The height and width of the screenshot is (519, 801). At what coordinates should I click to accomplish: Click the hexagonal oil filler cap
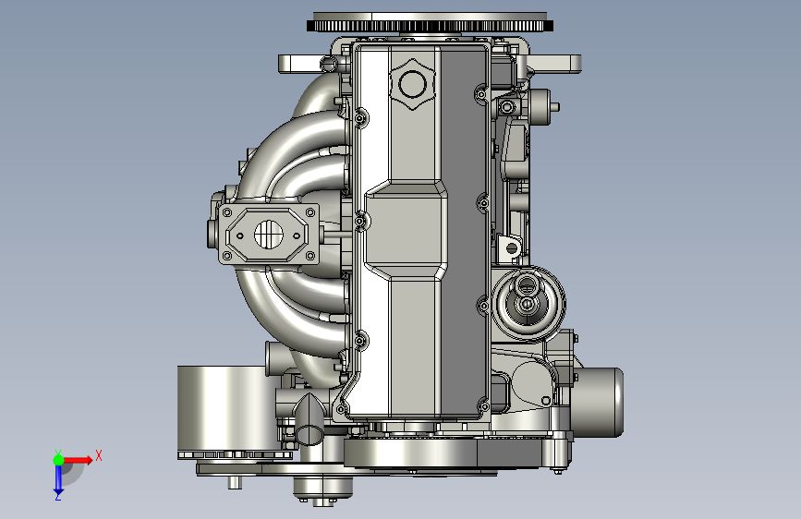point(412,83)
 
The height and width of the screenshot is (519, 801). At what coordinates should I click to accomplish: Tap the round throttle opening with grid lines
point(268,235)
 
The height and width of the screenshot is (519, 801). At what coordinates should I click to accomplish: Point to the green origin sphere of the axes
point(59,460)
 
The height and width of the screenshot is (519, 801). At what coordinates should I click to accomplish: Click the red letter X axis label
point(99,455)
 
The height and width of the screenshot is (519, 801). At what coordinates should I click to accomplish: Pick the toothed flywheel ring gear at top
point(431,26)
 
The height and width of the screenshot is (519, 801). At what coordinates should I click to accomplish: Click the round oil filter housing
point(528,304)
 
